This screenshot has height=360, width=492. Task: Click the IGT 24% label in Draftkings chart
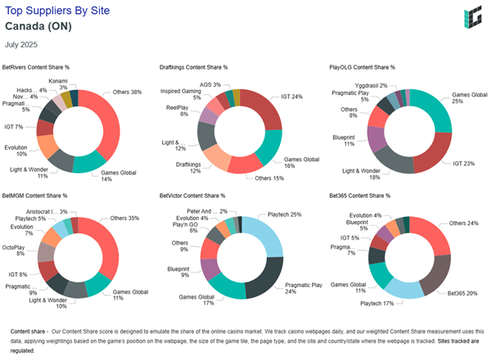[292, 97]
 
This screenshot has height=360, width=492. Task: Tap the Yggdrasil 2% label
[371, 85]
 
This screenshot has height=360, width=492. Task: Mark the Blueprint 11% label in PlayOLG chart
[346, 140]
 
